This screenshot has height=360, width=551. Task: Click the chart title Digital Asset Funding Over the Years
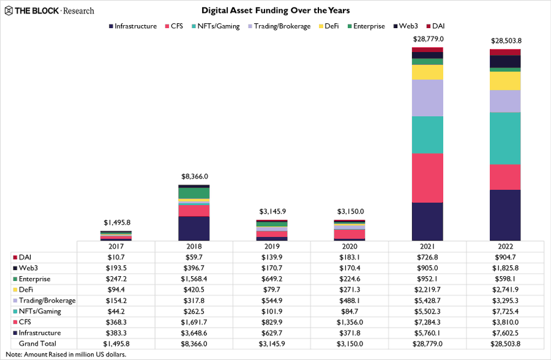(x=275, y=10)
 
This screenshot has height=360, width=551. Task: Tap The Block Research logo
(x=50, y=10)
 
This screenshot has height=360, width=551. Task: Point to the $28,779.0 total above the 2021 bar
(x=427, y=39)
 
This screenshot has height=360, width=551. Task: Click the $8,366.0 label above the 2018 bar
(x=194, y=176)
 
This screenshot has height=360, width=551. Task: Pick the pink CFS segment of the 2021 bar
(x=427, y=178)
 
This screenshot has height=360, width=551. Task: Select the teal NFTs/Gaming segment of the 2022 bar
(x=505, y=138)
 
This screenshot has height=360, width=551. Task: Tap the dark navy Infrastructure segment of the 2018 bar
(x=194, y=228)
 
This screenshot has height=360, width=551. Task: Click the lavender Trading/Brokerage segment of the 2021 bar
(x=427, y=98)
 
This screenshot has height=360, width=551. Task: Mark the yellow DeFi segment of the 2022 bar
(x=505, y=81)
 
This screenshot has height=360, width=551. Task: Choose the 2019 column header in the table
(x=272, y=246)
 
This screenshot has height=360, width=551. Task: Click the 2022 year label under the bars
(x=505, y=246)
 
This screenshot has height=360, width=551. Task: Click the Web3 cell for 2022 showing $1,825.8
(x=505, y=268)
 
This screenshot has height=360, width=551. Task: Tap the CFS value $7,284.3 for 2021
(x=427, y=322)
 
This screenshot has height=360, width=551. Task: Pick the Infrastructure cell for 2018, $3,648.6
(x=194, y=333)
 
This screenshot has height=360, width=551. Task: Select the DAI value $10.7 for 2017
(x=116, y=257)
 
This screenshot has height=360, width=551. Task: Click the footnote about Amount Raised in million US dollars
(x=66, y=354)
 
